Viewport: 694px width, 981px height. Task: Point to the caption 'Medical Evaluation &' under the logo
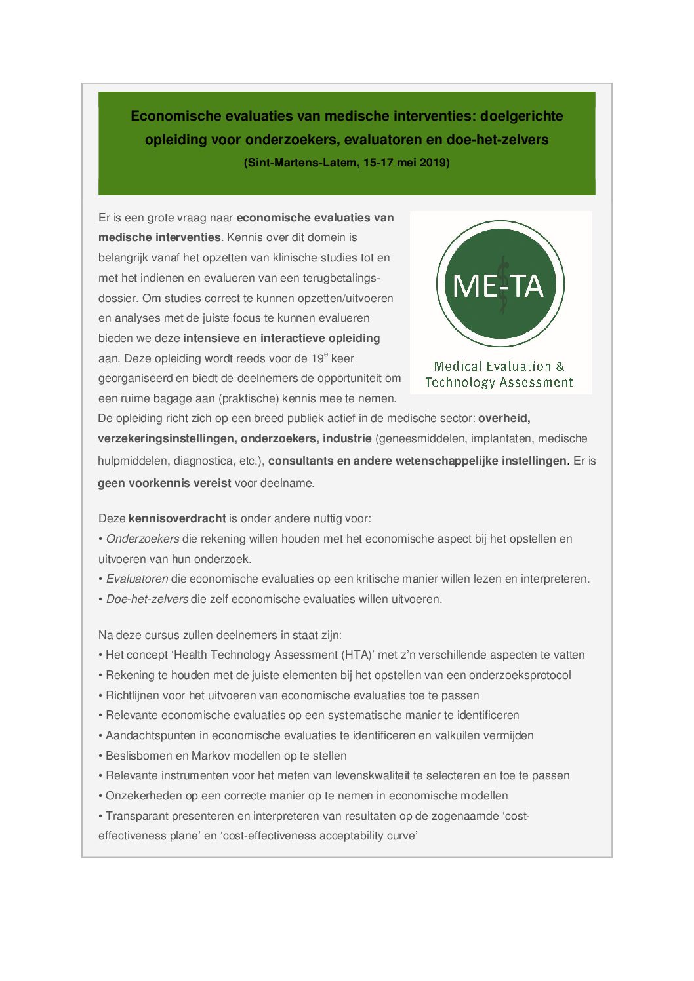click(x=499, y=366)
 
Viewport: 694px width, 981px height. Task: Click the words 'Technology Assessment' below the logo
click(x=499, y=383)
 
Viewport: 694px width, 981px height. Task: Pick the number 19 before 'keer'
click(x=317, y=358)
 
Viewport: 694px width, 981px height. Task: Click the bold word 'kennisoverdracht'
click(x=177, y=518)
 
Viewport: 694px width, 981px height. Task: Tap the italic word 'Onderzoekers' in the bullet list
click(x=142, y=539)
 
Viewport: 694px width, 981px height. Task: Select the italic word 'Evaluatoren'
click(x=137, y=579)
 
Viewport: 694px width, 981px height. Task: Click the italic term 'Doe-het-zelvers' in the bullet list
click(x=147, y=599)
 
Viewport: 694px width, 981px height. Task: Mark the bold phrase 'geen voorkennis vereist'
click(x=164, y=483)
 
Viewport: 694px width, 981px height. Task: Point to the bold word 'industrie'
click(x=346, y=438)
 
